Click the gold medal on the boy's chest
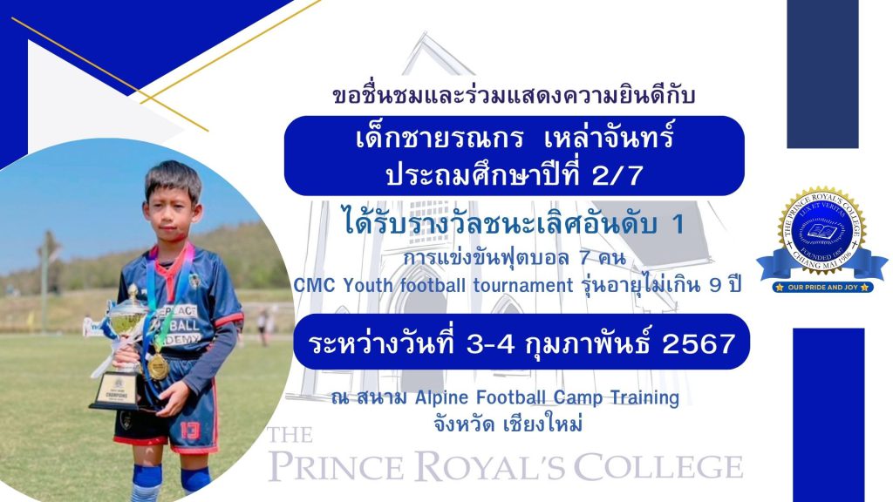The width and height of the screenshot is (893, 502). (158, 367)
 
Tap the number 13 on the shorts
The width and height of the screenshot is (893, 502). (190, 430)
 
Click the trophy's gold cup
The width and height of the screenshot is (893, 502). (126, 319)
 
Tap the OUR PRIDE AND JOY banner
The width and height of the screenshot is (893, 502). (822, 288)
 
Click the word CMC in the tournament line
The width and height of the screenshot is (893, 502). (314, 285)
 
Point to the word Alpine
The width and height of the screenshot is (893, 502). (441, 397)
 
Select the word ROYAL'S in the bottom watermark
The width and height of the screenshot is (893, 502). (490, 467)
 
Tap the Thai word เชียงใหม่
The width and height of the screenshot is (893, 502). (543, 424)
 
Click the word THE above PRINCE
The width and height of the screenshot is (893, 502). (290, 435)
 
